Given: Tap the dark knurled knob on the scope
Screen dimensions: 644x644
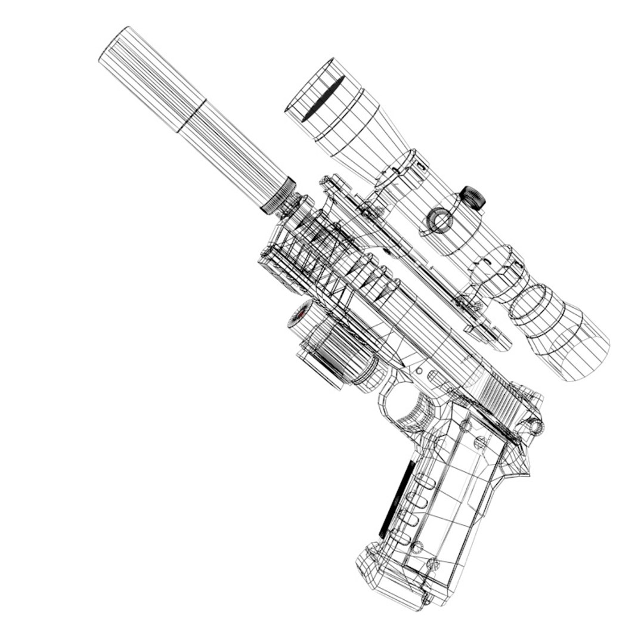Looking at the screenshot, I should (473, 197).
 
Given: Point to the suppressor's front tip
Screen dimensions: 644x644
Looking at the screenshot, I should (113, 45).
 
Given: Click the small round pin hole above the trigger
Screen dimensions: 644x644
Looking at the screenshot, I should (419, 371).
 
